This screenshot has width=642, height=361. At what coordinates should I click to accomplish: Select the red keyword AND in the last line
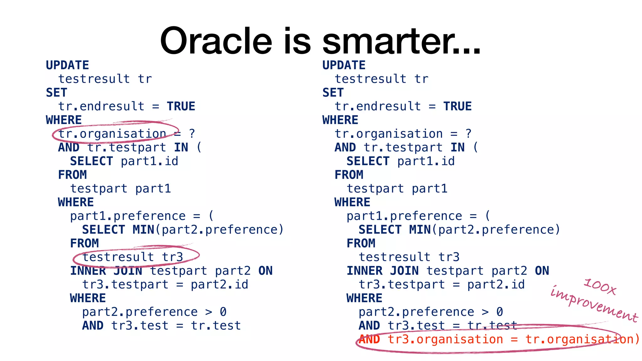(x=369, y=339)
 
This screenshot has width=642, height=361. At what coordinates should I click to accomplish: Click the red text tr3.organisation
(x=445, y=339)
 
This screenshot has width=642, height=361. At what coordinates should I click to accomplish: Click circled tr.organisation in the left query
(x=112, y=134)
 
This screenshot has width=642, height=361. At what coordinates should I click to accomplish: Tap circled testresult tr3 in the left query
(x=133, y=257)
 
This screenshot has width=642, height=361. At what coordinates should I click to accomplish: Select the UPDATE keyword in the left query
(x=67, y=65)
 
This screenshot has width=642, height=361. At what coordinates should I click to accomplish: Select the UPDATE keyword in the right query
(x=344, y=65)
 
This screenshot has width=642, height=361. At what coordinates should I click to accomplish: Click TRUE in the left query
(x=181, y=107)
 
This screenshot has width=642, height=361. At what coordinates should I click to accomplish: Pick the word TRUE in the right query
(x=457, y=107)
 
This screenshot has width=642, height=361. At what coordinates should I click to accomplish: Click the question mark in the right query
(x=468, y=134)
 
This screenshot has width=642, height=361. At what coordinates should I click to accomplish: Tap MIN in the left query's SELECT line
(x=143, y=230)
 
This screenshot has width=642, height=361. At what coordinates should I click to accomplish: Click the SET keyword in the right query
(x=333, y=93)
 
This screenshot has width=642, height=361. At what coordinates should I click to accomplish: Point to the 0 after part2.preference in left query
(x=223, y=312)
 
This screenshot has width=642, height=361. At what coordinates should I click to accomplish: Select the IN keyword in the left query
(x=181, y=148)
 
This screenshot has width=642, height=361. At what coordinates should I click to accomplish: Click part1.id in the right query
(x=426, y=161)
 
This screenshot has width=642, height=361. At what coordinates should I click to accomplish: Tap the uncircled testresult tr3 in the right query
(x=409, y=257)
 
